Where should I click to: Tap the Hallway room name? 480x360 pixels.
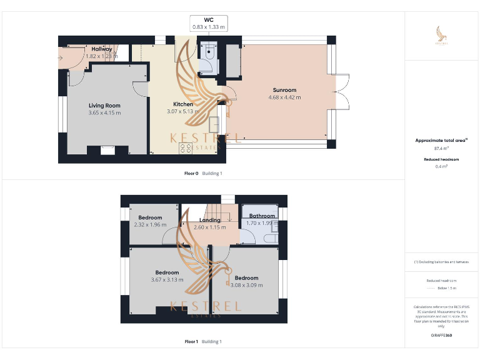(102, 49)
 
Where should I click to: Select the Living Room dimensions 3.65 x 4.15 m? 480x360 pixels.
(104, 112)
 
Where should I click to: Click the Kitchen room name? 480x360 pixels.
(183, 104)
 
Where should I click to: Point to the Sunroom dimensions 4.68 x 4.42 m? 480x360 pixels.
(284, 97)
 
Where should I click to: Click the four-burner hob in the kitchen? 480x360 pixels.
(186, 148)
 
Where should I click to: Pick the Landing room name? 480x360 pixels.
(209, 220)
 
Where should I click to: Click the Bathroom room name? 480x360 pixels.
(262, 216)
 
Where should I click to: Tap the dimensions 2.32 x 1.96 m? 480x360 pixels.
(150, 224)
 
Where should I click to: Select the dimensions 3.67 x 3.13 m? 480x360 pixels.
(167, 279)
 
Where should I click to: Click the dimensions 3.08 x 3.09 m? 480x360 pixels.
(246, 285)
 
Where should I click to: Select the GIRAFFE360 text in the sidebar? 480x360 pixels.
(442, 336)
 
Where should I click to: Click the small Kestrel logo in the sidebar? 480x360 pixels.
(442, 36)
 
